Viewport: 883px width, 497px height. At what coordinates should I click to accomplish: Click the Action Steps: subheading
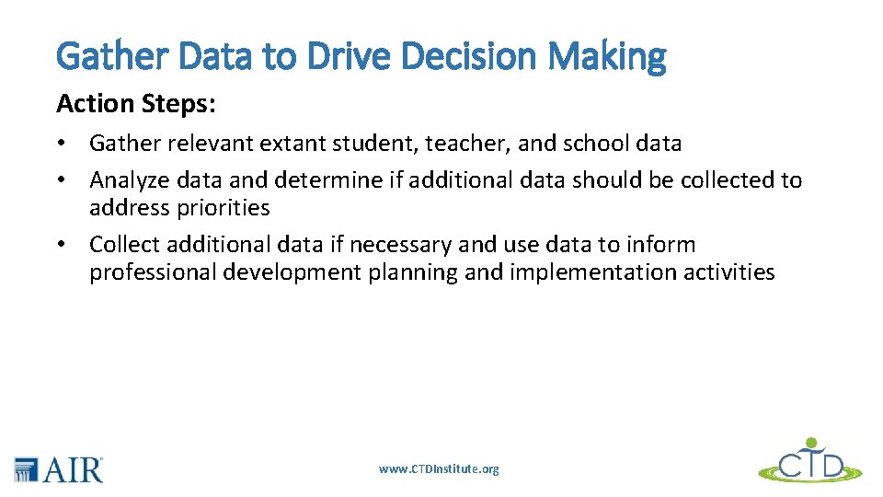[136, 104]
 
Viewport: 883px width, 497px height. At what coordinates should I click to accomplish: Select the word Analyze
[127, 180]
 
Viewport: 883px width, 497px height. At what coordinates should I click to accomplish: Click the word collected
[728, 180]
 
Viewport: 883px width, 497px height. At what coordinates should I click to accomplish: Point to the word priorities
[225, 208]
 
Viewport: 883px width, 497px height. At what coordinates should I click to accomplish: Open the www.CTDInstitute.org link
[439, 469]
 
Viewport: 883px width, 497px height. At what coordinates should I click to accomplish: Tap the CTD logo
[809, 460]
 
